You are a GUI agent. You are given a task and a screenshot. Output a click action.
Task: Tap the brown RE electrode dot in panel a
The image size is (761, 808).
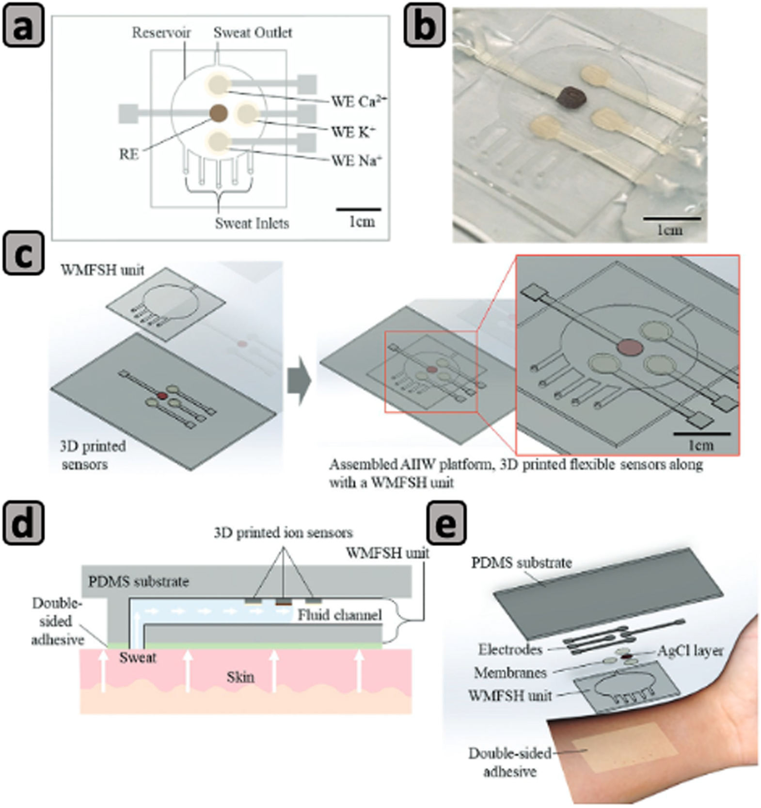[x=219, y=113]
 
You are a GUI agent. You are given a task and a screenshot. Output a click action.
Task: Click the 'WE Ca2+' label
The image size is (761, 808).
[x=358, y=101]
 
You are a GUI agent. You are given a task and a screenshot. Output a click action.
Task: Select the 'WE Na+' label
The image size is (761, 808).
[x=356, y=160]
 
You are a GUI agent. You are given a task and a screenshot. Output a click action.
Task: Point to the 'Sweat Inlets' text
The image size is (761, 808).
[x=252, y=223]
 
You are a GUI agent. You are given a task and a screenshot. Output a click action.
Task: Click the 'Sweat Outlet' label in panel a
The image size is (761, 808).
[x=253, y=33]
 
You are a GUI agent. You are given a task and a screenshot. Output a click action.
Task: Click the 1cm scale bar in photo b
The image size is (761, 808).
[x=672, y=219]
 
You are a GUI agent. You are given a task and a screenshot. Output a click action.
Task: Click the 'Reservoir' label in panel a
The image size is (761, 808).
[x=161, y=33]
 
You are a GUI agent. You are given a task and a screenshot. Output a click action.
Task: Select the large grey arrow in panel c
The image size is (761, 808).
[x=299, y=381]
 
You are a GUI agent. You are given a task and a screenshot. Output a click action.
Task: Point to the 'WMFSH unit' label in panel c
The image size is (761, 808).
[x=102, y=270]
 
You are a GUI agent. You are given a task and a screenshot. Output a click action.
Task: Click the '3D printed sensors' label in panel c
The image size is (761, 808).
[x=92, y=455]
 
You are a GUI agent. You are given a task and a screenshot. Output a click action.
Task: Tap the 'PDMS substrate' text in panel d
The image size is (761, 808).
[x=138, y=581]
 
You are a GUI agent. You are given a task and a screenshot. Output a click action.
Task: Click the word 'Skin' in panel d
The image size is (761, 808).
[x=240, y=677]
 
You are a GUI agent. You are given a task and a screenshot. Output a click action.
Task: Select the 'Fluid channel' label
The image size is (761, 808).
[x=339, y=615]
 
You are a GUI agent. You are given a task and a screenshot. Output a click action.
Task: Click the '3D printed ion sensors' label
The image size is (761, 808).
[x=283, y=533]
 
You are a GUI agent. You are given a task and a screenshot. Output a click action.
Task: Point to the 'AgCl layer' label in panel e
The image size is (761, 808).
[x=690, y=651]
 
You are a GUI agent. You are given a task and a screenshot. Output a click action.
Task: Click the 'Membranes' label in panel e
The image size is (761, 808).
[x=510, y=672]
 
